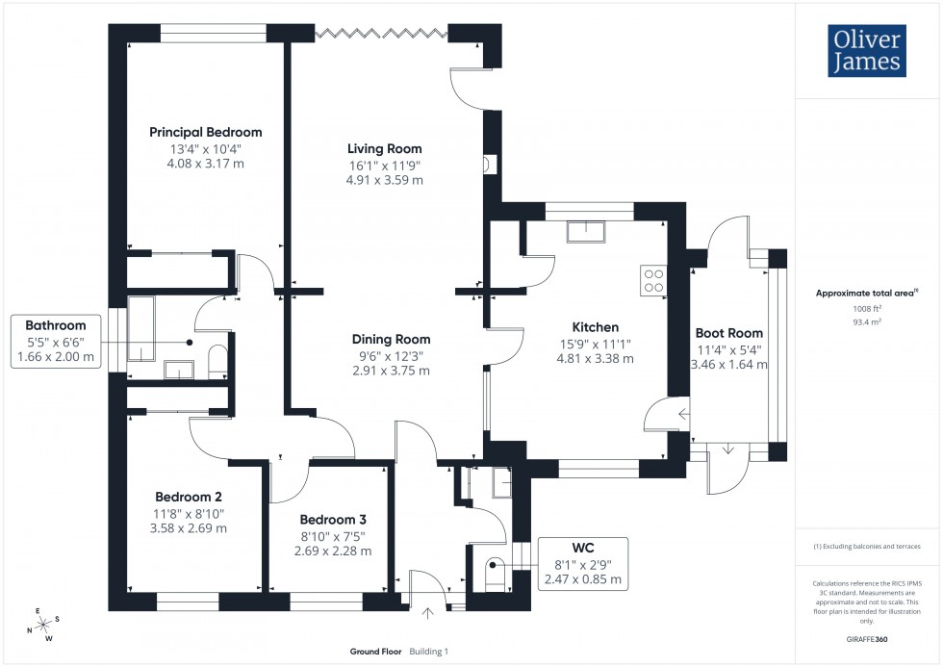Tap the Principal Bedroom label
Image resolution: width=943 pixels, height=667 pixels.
click(206, 133)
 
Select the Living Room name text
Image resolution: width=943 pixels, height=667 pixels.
click(385, 148)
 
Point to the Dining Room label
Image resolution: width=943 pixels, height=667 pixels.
click(391, 339)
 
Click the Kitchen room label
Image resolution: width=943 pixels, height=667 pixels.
click(595, 327)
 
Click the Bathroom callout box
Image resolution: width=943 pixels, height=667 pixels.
click(55, 341)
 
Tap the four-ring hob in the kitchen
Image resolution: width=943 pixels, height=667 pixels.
click(652, 279)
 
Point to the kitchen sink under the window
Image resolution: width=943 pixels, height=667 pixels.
click(585, 233)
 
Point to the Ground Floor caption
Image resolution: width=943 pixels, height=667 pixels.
click(375, 652)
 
